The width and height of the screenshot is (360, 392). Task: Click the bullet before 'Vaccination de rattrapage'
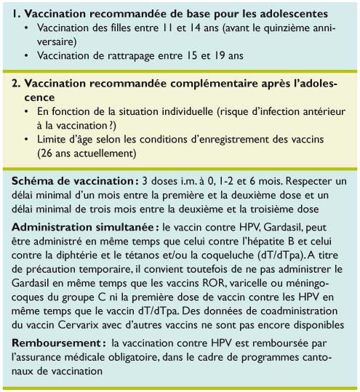tap(25, 55)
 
